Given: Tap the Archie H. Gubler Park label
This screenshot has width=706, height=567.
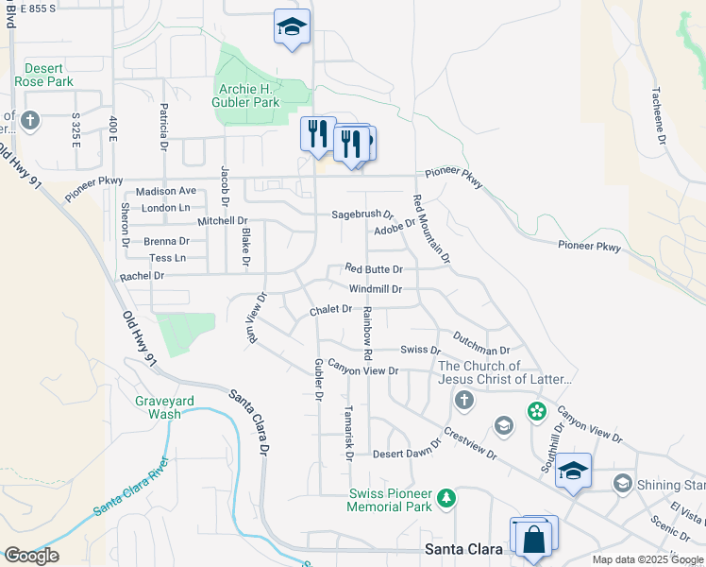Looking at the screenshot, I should (256, 95).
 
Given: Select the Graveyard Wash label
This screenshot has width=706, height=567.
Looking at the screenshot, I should (163, 407).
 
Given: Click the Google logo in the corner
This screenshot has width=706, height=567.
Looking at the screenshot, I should (31, 555).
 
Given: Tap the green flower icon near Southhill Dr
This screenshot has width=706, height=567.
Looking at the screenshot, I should (537, 410).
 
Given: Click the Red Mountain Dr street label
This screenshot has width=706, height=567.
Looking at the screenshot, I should (431, 229).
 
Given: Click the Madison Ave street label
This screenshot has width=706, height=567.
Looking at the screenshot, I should (166, 191).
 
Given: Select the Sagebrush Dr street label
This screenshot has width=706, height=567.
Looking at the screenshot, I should (361, 215).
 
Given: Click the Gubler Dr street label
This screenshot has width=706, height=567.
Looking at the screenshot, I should (318, 380).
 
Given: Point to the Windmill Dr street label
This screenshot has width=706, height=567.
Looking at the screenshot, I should (375, 289).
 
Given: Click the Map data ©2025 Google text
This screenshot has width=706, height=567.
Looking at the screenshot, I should (647, 559).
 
